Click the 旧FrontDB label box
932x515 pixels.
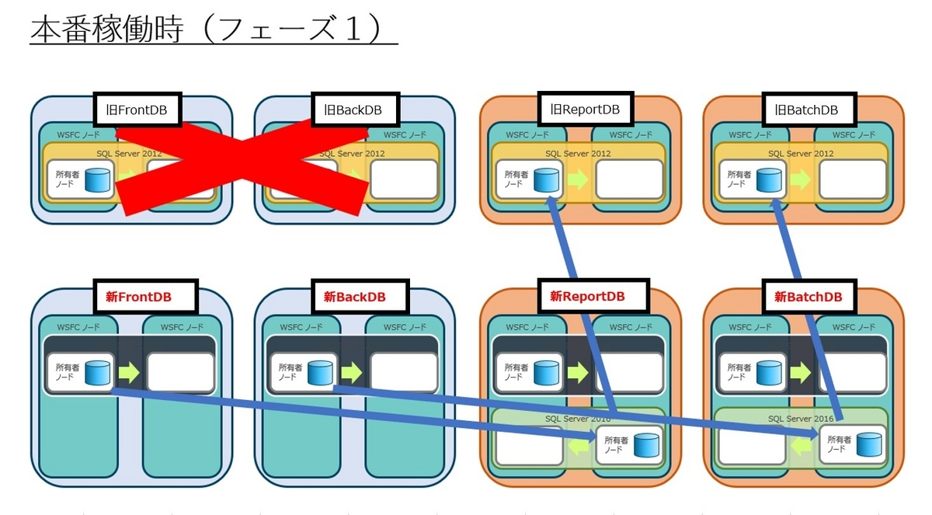pyautogui.click(x=137, y=110)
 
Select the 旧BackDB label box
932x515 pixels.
pyautogui.click(x=353, y=110)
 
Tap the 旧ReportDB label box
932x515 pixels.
pyautogui.click(x=584, y=110)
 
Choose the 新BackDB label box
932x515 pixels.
pyautogui.click(x=354, y=297)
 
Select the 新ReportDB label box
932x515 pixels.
pyautogui.click(x=587, y=296)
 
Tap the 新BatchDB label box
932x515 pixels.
pyautogui.click(x=808, y=296)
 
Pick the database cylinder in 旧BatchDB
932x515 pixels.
pyautogui.click(x=770, y=179)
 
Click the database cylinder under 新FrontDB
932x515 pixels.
pyautogui.click(x=97, y=373)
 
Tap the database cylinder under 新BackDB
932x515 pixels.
pyautogui.click(x=320, y=373)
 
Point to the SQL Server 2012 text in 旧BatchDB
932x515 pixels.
pyautogui.click(x=801, y=153)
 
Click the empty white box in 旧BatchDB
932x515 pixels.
pyautogui.click(x=852, y=179)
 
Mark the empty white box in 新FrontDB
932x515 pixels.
pyautogui.click(x=180, y=373)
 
